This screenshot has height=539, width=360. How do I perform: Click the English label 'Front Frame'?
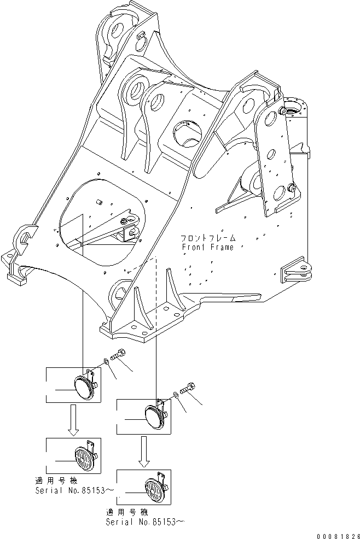coord(208,247)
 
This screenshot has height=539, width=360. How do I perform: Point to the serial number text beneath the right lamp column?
coord(145,522)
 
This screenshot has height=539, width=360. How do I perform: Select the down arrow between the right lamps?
coord(144,452)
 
